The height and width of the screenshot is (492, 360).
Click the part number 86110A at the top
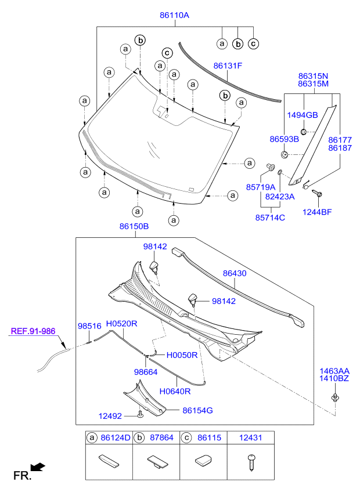(x=174, y=15)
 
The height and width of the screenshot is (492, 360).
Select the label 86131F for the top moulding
(x=228, y=66)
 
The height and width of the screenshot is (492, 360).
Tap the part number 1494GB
(x=303, y=115)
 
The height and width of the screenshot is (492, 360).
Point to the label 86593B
(x=285, y=139)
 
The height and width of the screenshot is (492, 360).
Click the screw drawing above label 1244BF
(x=316, y=193)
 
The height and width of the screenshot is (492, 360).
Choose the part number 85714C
(x=270, y=218)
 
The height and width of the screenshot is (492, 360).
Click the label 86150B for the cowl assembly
(x=134, y=226)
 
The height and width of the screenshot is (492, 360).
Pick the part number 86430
(x=235, y=273)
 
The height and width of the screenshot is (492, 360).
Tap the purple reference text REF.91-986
(x=33, y=331)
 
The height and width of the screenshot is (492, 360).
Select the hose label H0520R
(x=121, y=324)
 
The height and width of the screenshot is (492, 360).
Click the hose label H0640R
(x=175, y=391)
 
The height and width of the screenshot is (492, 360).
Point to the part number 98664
(x=146, y=372)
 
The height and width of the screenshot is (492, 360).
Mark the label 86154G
(x=197, y=410)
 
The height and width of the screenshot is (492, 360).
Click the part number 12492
(x=110, y=416)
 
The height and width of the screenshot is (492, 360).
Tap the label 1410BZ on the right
(x=334, y=378)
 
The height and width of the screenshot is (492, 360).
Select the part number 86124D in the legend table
(x=116, y=437)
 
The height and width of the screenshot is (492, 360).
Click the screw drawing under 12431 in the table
(x=251, y=462)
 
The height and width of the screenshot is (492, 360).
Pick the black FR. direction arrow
(x=39, y=467)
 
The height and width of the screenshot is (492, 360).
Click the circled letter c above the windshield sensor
(x=167, y=53)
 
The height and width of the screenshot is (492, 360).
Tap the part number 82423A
(x=280, y=197)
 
